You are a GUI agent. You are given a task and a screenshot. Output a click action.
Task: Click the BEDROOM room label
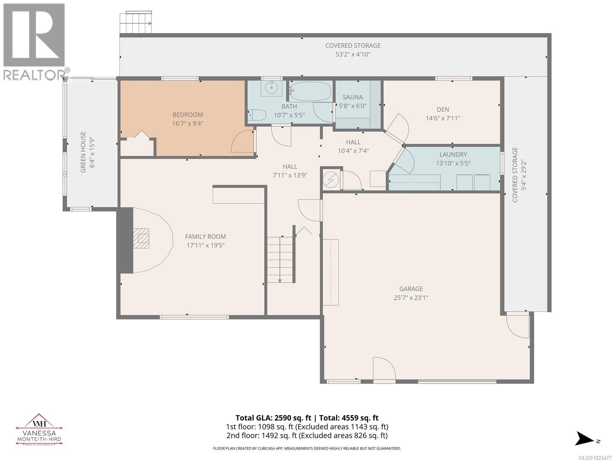coord(187,114)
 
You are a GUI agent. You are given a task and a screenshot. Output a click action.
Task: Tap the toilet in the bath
coord(257,114)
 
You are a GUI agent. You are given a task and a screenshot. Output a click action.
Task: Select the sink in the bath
coord(272,88)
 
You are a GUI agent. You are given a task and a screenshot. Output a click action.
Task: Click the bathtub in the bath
coord(310,91)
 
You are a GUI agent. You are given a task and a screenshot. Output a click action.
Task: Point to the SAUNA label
coord(352,97)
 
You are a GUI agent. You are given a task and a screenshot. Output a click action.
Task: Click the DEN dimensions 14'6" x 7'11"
coord(442,118)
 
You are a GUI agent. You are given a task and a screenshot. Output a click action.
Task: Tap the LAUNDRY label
coord(453,154)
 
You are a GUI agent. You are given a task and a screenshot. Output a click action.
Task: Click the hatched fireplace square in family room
coord(141,239)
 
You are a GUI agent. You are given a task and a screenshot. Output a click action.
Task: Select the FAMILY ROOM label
coord(205,237)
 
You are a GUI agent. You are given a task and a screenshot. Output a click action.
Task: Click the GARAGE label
coord(411,289)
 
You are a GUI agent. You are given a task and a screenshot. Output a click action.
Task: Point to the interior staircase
coord(280,260)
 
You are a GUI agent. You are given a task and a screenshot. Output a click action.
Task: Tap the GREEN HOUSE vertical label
coord(83,146)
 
